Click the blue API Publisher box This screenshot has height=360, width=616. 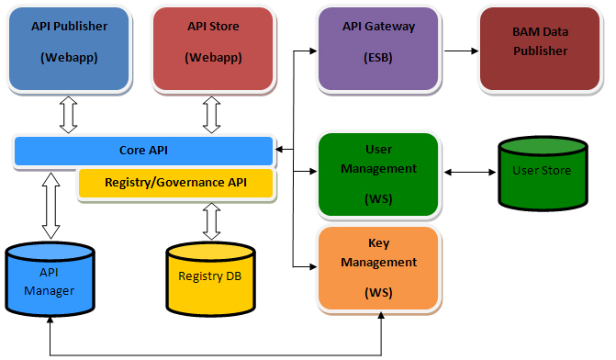tap(69, 49)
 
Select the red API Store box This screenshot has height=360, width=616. tap(213, 49)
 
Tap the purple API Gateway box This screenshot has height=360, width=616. tap(378, 49)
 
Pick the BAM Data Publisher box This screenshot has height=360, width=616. tap(540, 49)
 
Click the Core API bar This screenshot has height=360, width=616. tap(143, 151)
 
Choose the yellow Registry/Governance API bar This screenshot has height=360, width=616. tap(175, 183)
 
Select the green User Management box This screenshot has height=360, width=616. tap(378, 174)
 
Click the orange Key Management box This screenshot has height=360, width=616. tap(378, 268)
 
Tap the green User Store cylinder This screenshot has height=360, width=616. tap(543, 174)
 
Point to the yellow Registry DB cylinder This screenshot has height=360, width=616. tap(211, 279)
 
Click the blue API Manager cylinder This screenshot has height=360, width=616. tap(50, 279)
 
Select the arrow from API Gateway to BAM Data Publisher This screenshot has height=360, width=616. tap(461, 51)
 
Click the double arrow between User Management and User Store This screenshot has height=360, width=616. tap(470, 172)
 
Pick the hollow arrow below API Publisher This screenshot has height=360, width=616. tap(68, 115)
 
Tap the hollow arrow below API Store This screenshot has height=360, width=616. tap(212, 115)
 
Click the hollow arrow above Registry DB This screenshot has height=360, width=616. tap(212, 221)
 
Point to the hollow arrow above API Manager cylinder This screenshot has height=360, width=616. tap(51, 206)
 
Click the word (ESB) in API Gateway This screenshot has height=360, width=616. tap(378, 58)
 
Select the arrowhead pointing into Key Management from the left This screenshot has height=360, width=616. tap(313, 267)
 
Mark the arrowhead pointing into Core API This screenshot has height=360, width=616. tap(279, 150)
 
